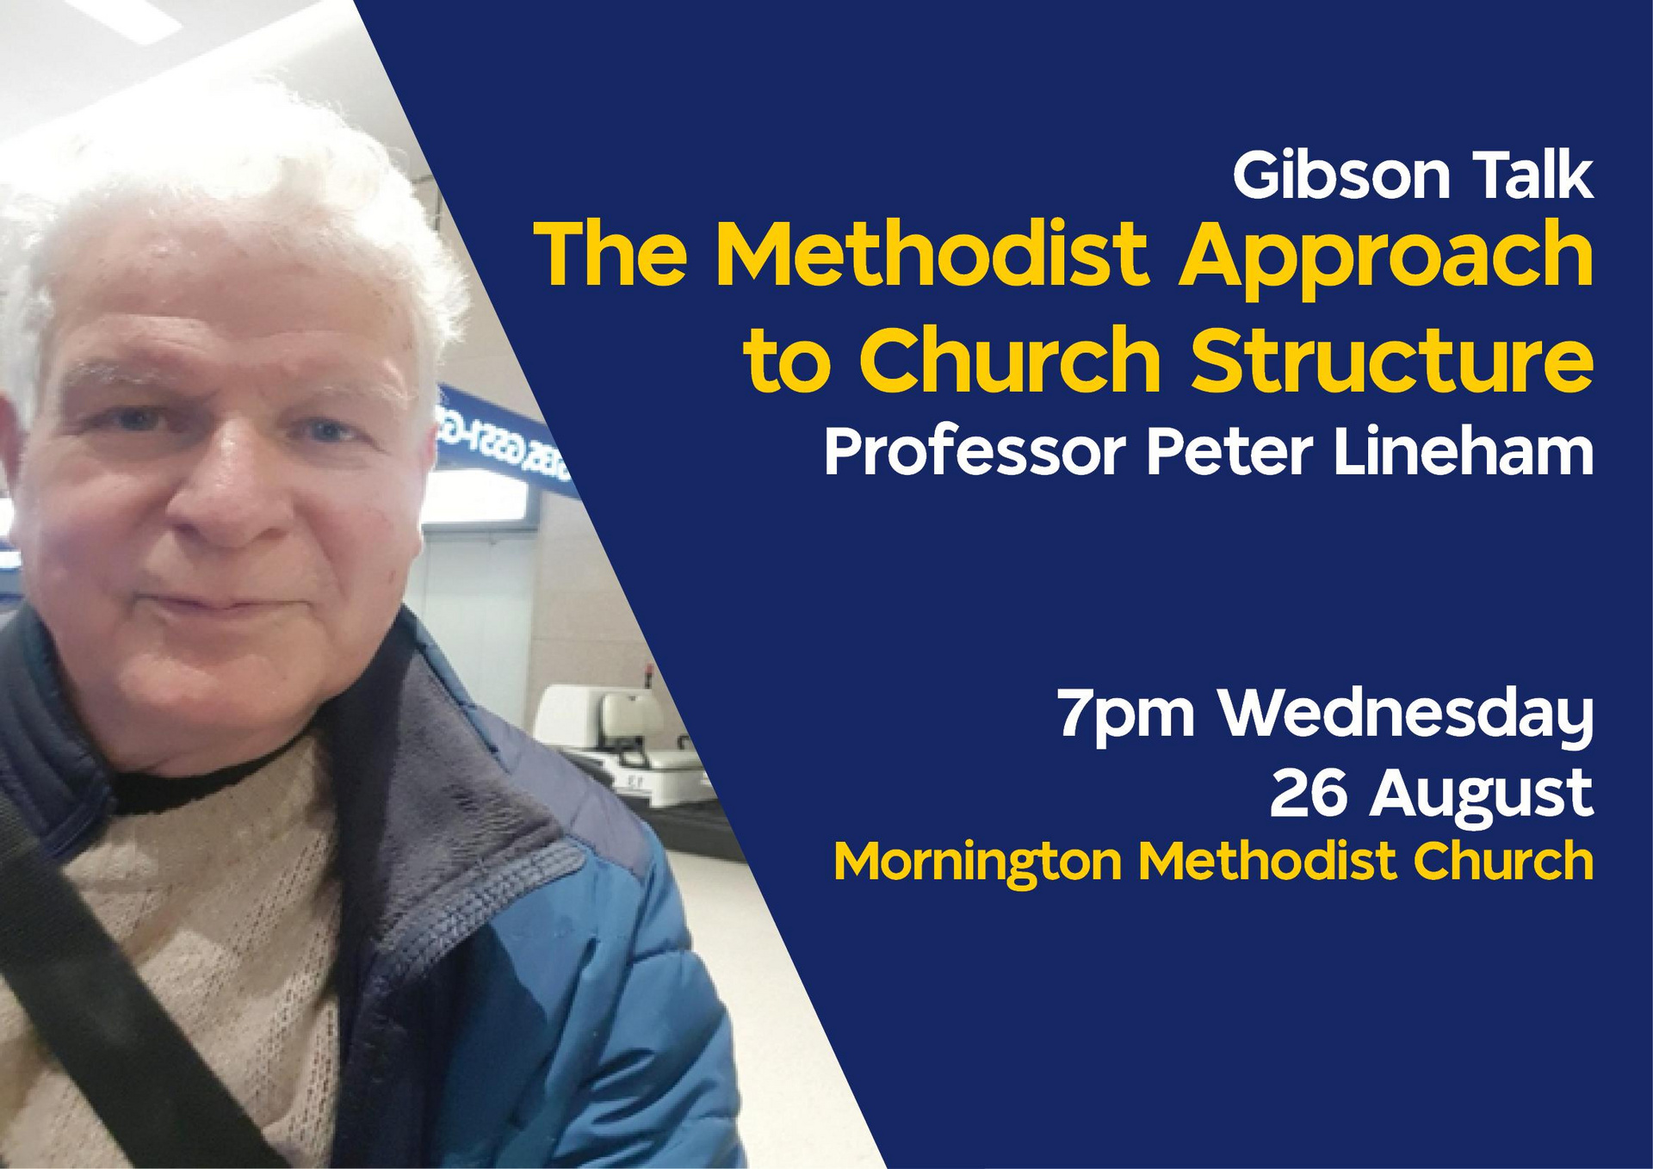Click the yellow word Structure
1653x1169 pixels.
[1392, 360]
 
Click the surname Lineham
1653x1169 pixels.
[1464, 450]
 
